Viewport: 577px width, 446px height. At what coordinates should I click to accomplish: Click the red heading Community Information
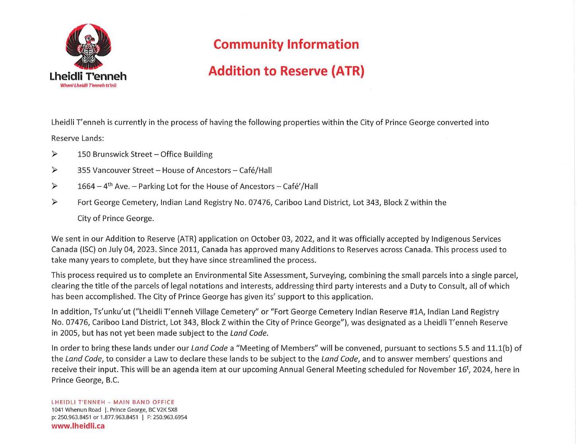(x=286, y=44)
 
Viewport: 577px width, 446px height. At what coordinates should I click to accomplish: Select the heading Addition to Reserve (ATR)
(x=286, y=71)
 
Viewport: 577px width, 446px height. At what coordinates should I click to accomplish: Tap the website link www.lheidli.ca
(x=78, y=426)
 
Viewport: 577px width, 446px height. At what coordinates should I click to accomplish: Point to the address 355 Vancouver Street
(x=115, y=170)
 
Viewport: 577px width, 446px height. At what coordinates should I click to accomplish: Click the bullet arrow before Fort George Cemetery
(x=54, y=202)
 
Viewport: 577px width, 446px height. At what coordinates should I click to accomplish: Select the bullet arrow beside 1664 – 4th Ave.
(x=54, y=186)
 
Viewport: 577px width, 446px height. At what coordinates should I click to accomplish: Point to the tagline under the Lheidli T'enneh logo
(x=88, y=85)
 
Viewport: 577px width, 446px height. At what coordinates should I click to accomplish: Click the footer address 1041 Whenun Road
(x=76, y=409)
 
